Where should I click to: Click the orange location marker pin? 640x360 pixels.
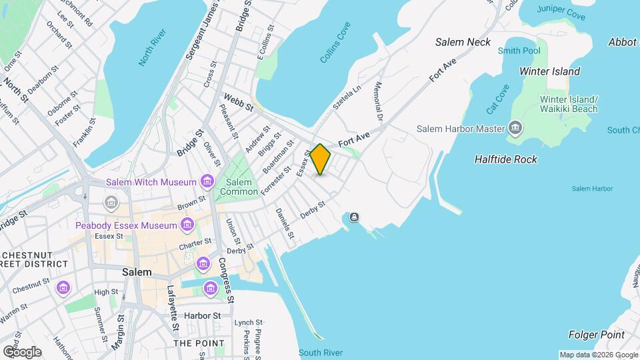point(320,159)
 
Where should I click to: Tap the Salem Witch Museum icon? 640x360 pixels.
point(207,181)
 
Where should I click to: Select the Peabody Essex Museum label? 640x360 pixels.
point(125,225)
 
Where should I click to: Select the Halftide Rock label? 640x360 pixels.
point(505,159)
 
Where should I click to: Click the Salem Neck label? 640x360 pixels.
point(463,42)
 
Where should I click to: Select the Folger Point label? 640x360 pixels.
point(597,335)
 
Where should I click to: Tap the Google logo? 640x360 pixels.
point(22,351)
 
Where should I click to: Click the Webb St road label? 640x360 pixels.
point(239,102)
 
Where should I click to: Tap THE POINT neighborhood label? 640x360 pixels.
point(199,343)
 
